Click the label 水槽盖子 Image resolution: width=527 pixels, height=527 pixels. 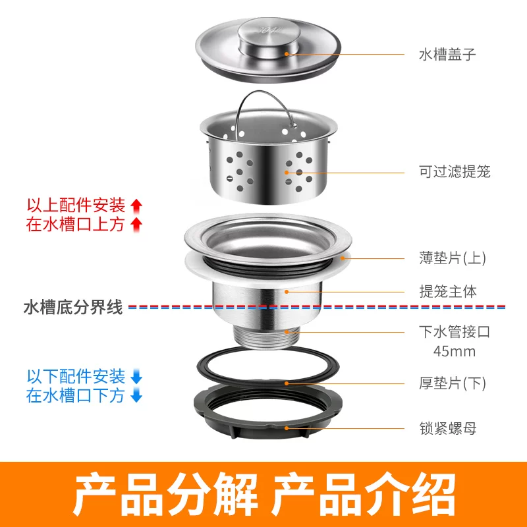[447, 54]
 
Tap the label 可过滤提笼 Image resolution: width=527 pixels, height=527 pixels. [455, 172]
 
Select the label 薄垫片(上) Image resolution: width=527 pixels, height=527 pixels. [453, 258]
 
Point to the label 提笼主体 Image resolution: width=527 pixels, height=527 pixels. [448, 291]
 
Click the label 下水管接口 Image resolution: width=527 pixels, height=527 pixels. [455, 332]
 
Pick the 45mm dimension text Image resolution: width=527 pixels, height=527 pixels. [455, 352]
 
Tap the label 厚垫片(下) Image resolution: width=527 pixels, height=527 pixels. [453, 383]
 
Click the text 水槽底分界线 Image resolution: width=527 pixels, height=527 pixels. [73, 307]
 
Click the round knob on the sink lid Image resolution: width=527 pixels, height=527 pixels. [269, 38]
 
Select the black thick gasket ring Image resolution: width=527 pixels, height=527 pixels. [268, 366]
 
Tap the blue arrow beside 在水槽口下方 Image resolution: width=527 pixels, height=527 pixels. [136, 395]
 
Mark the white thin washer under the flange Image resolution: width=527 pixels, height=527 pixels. [268, 269]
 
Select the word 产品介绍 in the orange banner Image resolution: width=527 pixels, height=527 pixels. [364, 494]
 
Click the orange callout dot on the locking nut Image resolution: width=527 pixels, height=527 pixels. [287, 428]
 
